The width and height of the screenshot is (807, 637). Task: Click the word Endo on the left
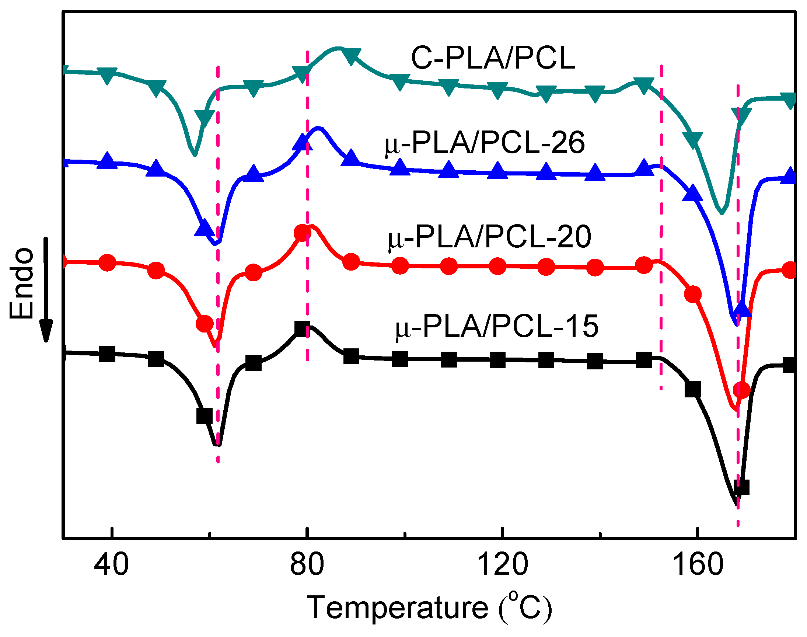pyautogui.click(x=21, y=283)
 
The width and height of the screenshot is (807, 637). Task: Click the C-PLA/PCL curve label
pyautogui.click(x=493, y=59)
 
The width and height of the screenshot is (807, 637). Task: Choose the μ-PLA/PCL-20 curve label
pyautogui.click(x=489, y=237)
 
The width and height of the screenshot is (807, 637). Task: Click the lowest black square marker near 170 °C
pyautogui.click(x=741, y=487)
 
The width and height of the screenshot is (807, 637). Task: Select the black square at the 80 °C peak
pyautogui.click(x=302, y=329)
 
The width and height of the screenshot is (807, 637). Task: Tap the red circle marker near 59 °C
pyautogui.click(x=205, y=323)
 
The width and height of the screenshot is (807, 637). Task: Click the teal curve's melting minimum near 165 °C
pyautogui.click(x=722, y=213)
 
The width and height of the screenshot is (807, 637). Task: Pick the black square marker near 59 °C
pyautogui.click(x=204, y=415)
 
